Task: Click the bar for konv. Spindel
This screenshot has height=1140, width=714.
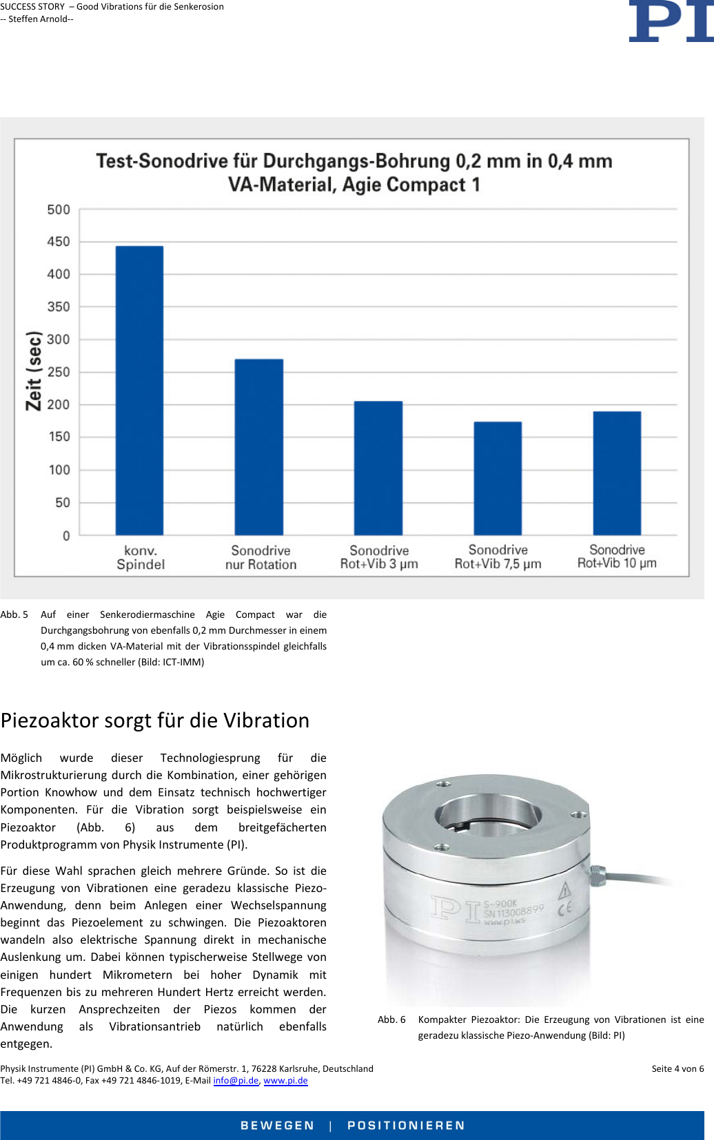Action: [139, 390]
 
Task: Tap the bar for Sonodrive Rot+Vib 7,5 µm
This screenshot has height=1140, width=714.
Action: [498, 478]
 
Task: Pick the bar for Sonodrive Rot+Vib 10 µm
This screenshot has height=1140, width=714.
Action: [617, 473]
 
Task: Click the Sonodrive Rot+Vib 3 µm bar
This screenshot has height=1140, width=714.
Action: [378, 468]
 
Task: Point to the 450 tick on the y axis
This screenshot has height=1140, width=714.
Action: [59, 242]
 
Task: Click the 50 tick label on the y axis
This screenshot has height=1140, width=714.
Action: [63, 503]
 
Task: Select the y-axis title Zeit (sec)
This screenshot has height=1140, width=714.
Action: [34, 371]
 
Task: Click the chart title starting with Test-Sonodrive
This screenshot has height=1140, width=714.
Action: [354, 172]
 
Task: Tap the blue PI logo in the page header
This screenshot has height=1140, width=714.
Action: [670, 21]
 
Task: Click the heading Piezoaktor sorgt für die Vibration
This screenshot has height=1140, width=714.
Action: [155, 721]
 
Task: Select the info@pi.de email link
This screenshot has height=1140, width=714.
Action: [236, 1080]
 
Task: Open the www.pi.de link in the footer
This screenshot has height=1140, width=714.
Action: [285, 1080]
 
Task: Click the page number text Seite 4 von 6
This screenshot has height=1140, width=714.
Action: [677, 1068]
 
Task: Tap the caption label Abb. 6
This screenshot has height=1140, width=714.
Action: [391, 1019]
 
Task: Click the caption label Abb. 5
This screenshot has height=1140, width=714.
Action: [14, 614]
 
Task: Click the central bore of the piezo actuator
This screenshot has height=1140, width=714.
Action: [487, 814]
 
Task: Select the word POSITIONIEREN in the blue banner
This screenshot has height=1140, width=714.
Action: [406, 1125]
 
